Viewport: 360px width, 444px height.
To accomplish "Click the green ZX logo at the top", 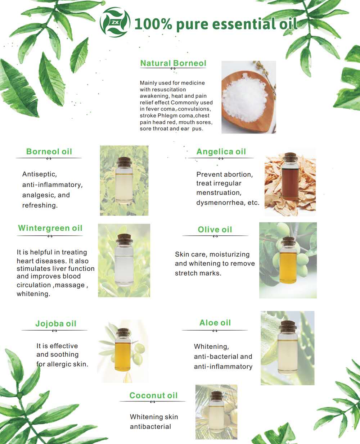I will tap(115, 22).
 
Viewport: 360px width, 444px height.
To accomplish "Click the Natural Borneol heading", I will tap(173, 63).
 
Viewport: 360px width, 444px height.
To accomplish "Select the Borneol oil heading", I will tap(49, 151).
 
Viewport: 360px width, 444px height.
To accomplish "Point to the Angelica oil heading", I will tap(221, 151).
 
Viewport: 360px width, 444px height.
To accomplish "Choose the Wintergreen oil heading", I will tap(50, 228).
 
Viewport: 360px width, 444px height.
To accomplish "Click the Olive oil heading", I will tap(215, 230).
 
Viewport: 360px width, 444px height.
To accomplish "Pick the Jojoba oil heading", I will tap(56, 323).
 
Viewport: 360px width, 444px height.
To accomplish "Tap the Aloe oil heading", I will tap(215, 323).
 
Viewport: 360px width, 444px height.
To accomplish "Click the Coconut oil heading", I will tap(153, 395).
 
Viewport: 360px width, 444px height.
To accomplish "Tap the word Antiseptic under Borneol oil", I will tap(39, 174).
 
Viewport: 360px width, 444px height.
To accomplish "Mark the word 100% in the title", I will tap(153, 24).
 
